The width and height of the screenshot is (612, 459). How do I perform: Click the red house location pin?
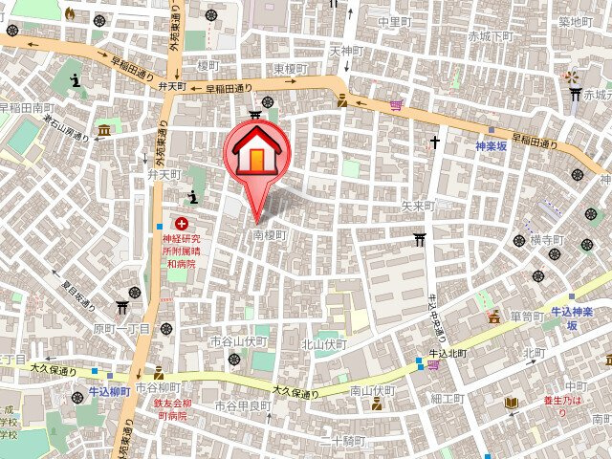[x=256, y=155]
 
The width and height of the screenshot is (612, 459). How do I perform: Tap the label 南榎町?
[x=271, y=234]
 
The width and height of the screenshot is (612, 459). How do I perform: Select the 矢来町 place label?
[x=418, y=206]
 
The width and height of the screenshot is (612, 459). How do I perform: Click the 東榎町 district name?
[x=289, y=70]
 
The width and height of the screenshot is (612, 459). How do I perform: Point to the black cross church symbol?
[x=434, y=142]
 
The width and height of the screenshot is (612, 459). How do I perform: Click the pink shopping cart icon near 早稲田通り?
[x=396, y=104]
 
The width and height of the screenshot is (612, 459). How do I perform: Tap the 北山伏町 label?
[x=325, y=343]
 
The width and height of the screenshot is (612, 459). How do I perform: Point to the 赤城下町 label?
[x=491, y=36]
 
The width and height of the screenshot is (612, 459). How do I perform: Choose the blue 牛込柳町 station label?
[x=108, y=390]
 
